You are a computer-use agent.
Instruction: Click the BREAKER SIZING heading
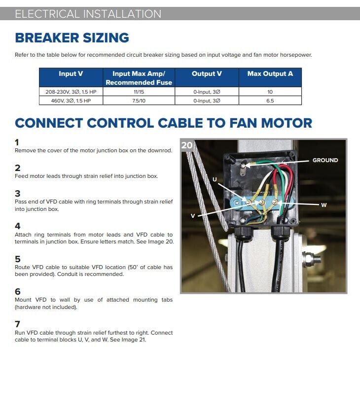[72, 38]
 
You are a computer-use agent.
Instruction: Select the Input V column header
[71, 73]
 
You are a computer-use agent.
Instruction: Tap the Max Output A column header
[270, 73]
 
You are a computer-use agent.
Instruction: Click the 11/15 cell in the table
[139, 92]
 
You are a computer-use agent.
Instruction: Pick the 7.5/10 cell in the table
[139, 101]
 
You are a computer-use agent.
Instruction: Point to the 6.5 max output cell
[270, 101]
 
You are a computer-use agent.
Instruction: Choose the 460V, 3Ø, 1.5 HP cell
[71, 101]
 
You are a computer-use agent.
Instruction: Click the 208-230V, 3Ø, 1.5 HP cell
[71, 92]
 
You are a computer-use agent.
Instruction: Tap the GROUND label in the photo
[325, 160]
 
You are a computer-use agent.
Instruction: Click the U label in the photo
[215, 179]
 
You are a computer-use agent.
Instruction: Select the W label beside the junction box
[324, 205]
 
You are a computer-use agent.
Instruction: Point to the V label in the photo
[193, 216]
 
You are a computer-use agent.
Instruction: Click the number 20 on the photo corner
[187, 145]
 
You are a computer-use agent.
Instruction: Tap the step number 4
[18, 226]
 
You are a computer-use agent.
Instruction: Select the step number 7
[18, 324]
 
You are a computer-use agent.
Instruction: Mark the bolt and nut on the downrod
[312, 260]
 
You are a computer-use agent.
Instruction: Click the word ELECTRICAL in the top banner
[47, 14]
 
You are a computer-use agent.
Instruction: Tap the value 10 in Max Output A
[270, 92]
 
